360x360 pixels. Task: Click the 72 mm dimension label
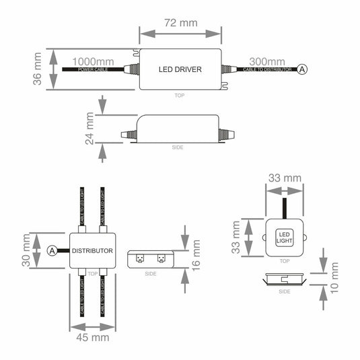pos(180,22)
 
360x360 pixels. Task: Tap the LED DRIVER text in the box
pos(180,69)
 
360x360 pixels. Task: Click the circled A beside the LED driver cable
pos(303,69)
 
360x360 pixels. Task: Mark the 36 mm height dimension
pos(38,69)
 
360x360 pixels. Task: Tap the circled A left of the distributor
pos(52,251)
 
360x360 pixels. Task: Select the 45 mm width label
pos(92,337)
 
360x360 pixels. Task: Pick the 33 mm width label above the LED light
pos(284,178)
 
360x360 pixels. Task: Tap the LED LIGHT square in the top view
pos(284,238)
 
